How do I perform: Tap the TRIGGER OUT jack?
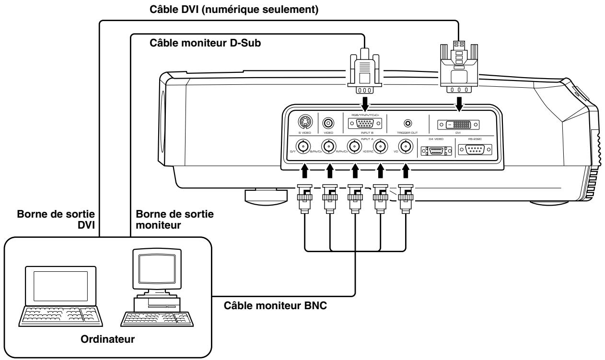tap(408, 123)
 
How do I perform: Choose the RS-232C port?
tap(475, 150)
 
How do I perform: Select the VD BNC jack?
tap(406, 146)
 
